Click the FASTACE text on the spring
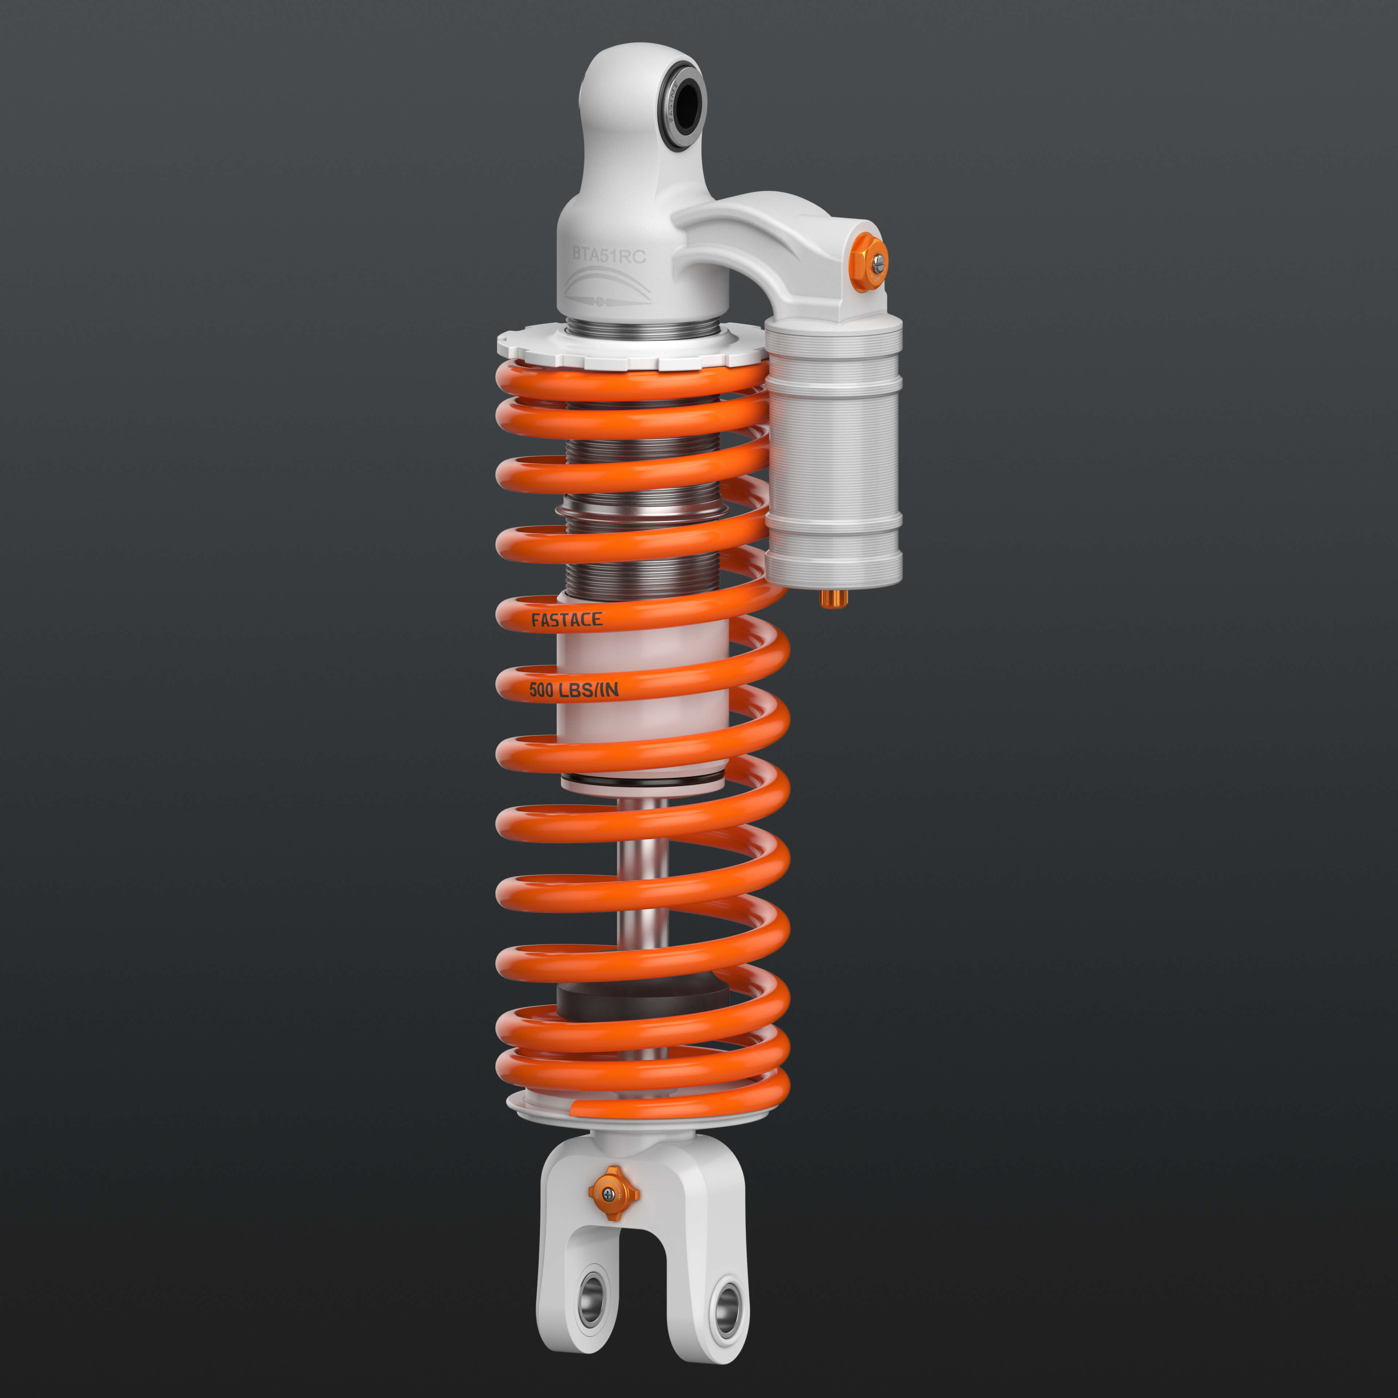[x=566, y=620]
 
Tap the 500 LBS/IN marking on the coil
[x=574, y=690]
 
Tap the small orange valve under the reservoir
[x=834, y=599]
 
